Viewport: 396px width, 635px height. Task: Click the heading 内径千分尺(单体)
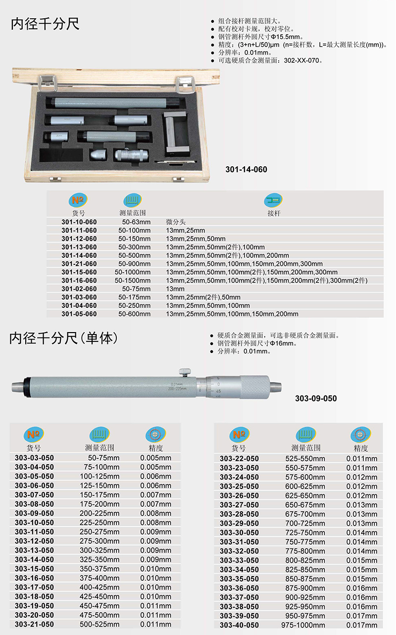pos(63,338)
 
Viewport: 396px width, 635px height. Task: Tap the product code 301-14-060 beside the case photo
pos(246,170)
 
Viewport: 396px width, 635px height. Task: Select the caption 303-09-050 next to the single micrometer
pos(316,398)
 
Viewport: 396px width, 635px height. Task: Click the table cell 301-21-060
pos(79,264)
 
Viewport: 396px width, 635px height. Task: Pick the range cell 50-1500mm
pos(132,280)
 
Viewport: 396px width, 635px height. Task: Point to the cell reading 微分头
pos(175,222)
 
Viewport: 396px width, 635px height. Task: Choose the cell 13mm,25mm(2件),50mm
pos(203,297)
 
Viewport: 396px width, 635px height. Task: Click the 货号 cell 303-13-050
pos(34,550)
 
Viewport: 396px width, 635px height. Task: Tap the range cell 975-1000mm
pos(303,625)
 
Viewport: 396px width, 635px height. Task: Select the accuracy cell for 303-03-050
pos(155,458)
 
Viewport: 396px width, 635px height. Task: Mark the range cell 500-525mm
pos(99,624)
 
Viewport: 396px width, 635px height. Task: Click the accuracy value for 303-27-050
pos(362,505)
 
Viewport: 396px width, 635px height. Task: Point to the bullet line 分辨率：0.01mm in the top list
pos(245,52)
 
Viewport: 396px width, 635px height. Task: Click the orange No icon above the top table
pos(78,200)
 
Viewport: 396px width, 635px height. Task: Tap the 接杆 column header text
pos(274,213)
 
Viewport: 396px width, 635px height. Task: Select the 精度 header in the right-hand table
pos(360,448)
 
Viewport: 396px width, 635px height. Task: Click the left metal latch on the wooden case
pos(48,83)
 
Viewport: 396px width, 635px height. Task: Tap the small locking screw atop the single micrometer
pos(185,372)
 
